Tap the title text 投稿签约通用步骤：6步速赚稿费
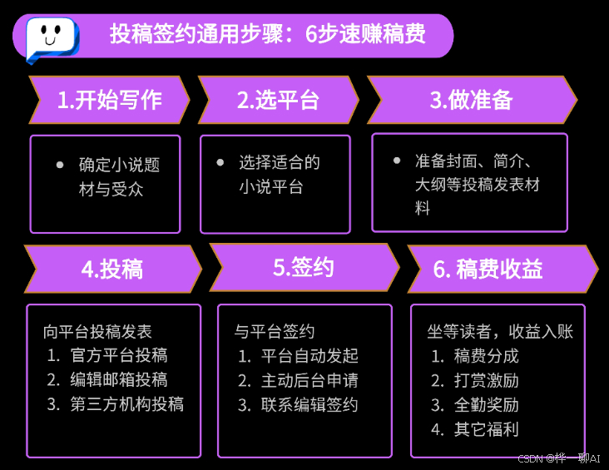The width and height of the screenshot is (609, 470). point(267,34)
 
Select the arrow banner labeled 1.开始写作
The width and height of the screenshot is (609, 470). point(109,100)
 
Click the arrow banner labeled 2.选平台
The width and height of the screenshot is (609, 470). point(277,100)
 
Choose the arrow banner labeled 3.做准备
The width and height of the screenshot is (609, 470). point(471,100)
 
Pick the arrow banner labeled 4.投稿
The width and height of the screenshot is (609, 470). point(112,269)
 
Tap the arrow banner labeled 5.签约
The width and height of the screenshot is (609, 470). point(303,267)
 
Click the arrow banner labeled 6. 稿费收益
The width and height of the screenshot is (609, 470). point(499,269)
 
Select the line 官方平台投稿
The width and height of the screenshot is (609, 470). point(119,355)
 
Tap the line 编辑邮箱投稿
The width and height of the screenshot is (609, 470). point(119,380)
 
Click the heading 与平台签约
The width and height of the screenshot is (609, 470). point(275,332)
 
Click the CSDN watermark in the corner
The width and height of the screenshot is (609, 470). point(558,458)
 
